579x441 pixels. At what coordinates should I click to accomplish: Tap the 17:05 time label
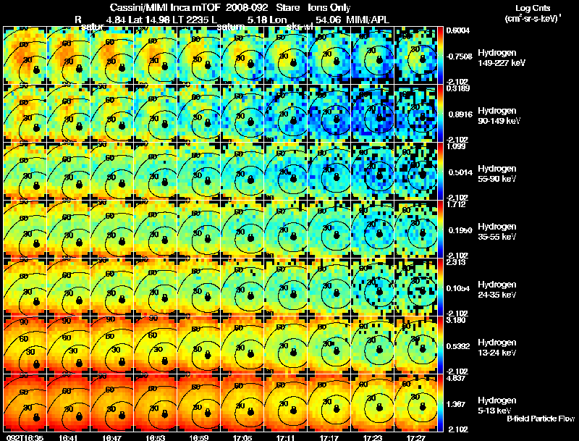242,437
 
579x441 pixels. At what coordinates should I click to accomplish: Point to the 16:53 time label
156,437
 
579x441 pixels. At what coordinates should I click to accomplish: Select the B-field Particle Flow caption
541,419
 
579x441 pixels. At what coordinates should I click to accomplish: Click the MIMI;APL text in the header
372,18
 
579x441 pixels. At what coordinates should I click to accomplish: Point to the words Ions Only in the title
329,7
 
